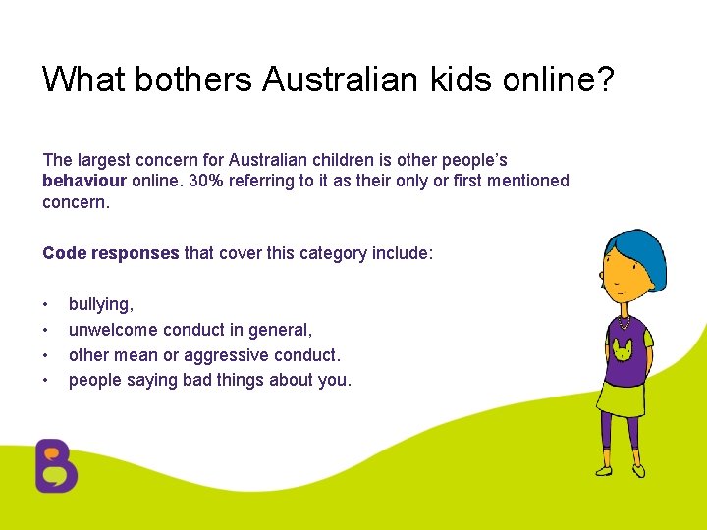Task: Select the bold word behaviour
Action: point(84,181)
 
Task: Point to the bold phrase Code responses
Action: point(111,253)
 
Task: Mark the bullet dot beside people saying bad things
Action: point(46,380)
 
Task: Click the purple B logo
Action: point(56,465)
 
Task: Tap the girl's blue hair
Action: point(639,253)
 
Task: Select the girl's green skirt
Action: point(620,397)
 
